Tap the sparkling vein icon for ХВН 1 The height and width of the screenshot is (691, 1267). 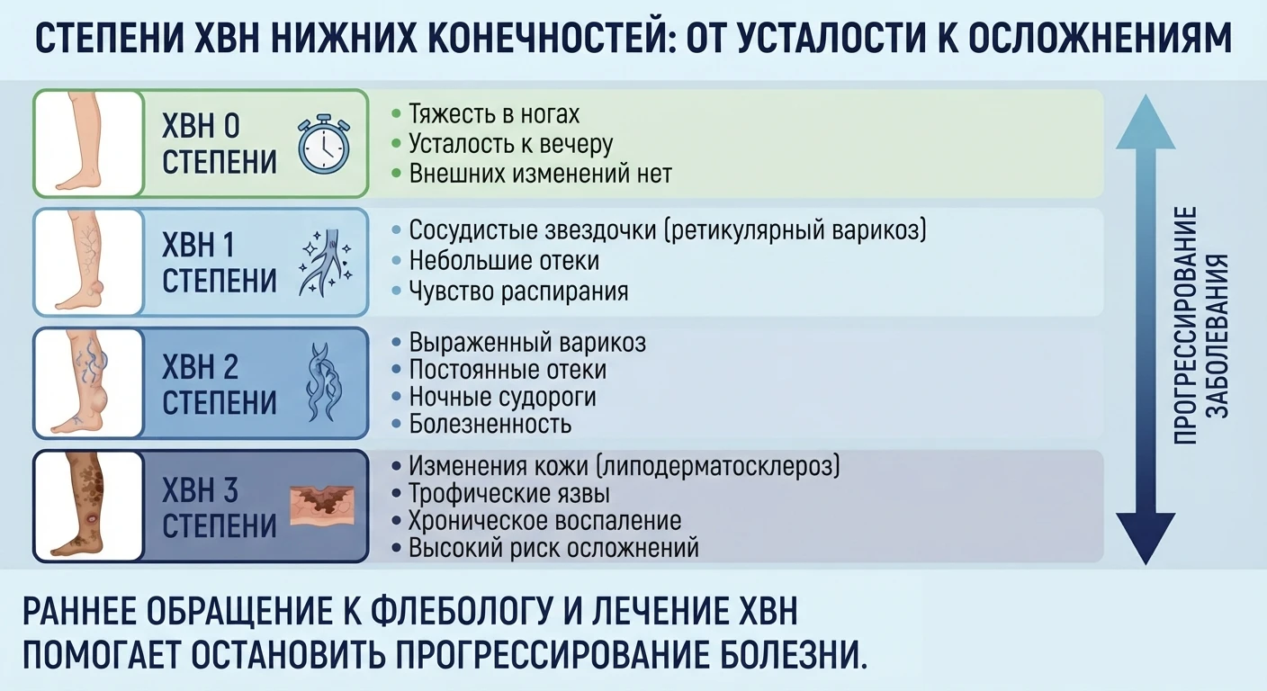click(326, 263)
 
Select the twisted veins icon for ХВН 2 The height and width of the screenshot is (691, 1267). click(324, 382)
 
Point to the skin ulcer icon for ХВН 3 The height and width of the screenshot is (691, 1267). click(322, 506)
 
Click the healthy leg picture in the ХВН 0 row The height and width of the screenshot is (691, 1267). click(85, 142)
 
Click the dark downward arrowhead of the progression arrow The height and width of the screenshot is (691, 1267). click(1146, 538)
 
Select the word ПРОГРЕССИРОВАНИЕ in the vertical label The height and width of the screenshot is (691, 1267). click(1185, 325)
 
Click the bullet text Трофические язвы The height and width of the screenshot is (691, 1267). click(509, 494)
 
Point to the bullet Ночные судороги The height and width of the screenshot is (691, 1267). click(502, 397)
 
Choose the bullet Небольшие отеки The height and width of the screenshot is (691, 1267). click(504, 261)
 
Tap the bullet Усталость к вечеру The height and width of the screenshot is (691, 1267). click(511, 145)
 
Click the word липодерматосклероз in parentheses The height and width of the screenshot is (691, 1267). click(718, 466)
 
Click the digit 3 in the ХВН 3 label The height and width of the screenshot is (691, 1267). click(229, 489)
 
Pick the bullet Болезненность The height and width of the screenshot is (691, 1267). click(490, 424)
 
